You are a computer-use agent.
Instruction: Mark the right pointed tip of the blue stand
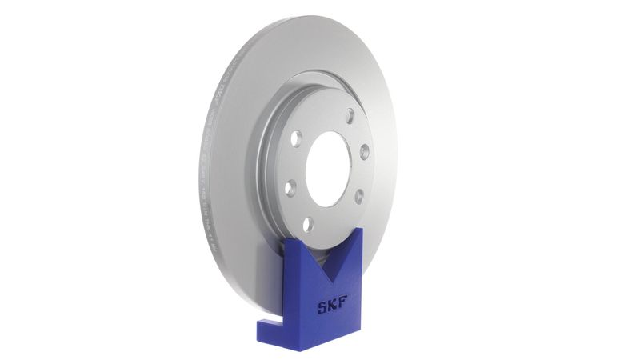point(361,230)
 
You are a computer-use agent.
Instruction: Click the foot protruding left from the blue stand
point(263,327)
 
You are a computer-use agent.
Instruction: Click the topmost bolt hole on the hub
point(328,113)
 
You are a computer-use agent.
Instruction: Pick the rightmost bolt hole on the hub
point(363,150)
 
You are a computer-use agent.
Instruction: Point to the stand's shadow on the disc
point(272,264)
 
